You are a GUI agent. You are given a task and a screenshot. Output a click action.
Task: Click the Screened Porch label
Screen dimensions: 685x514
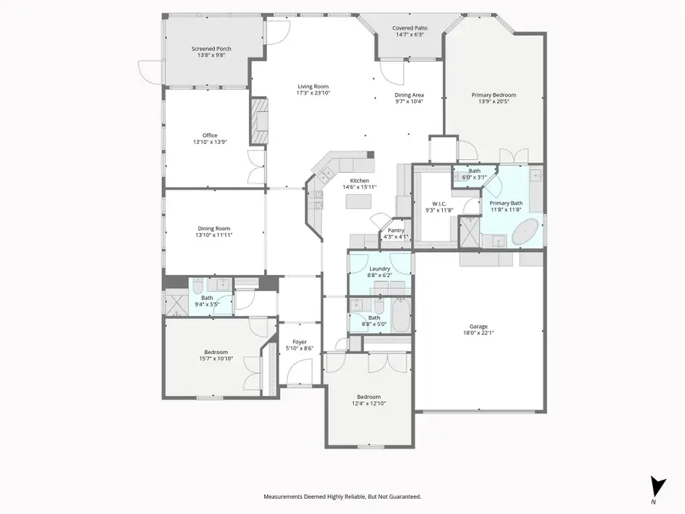point(211,49)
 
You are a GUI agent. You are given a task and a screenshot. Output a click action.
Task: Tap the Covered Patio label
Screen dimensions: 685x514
point(409,28)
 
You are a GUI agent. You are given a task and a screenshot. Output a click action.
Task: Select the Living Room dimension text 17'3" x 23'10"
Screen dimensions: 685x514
point(313,93)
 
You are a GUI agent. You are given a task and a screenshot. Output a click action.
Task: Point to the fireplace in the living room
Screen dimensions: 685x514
point(260,120)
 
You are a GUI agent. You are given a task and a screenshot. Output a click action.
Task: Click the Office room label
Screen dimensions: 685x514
point(210,136)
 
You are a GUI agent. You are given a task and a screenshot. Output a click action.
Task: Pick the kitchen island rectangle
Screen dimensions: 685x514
point(358,201)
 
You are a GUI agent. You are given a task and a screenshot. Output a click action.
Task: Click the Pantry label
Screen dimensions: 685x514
point(396,230)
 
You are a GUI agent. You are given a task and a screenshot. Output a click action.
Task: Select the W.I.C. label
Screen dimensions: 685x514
point(439,204)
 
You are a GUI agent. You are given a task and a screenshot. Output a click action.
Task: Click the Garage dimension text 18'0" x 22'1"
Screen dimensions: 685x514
point(479,333)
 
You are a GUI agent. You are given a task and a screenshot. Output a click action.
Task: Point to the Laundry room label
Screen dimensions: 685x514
point(379,269)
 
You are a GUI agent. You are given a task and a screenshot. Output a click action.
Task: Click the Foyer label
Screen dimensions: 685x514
point(300,342)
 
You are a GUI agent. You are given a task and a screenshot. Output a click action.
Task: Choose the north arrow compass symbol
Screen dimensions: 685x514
point(658,487)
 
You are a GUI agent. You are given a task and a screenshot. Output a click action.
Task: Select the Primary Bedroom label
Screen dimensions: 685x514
point(494,95)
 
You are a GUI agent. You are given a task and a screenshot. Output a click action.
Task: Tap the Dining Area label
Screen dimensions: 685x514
point(409,95)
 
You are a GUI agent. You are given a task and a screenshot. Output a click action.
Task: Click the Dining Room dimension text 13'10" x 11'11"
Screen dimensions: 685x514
point(214,235)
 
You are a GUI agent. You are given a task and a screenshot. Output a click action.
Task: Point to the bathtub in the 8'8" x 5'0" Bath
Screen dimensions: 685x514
point(400,314)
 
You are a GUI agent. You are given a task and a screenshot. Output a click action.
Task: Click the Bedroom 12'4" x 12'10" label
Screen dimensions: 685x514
point(368,397)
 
